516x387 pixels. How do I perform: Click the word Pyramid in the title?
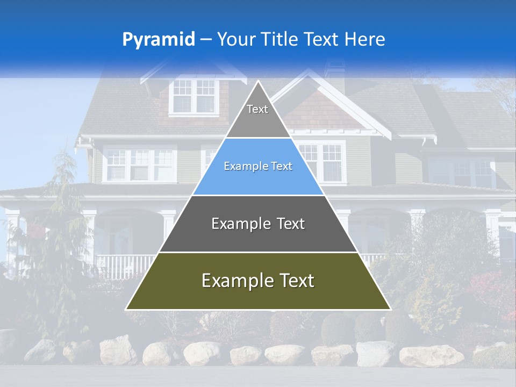tap(158, 40)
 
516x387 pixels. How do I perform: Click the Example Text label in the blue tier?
tap(258, 167)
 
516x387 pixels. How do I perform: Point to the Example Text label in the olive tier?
tap(258, 281)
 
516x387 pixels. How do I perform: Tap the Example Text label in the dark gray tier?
tap(258, 224)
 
